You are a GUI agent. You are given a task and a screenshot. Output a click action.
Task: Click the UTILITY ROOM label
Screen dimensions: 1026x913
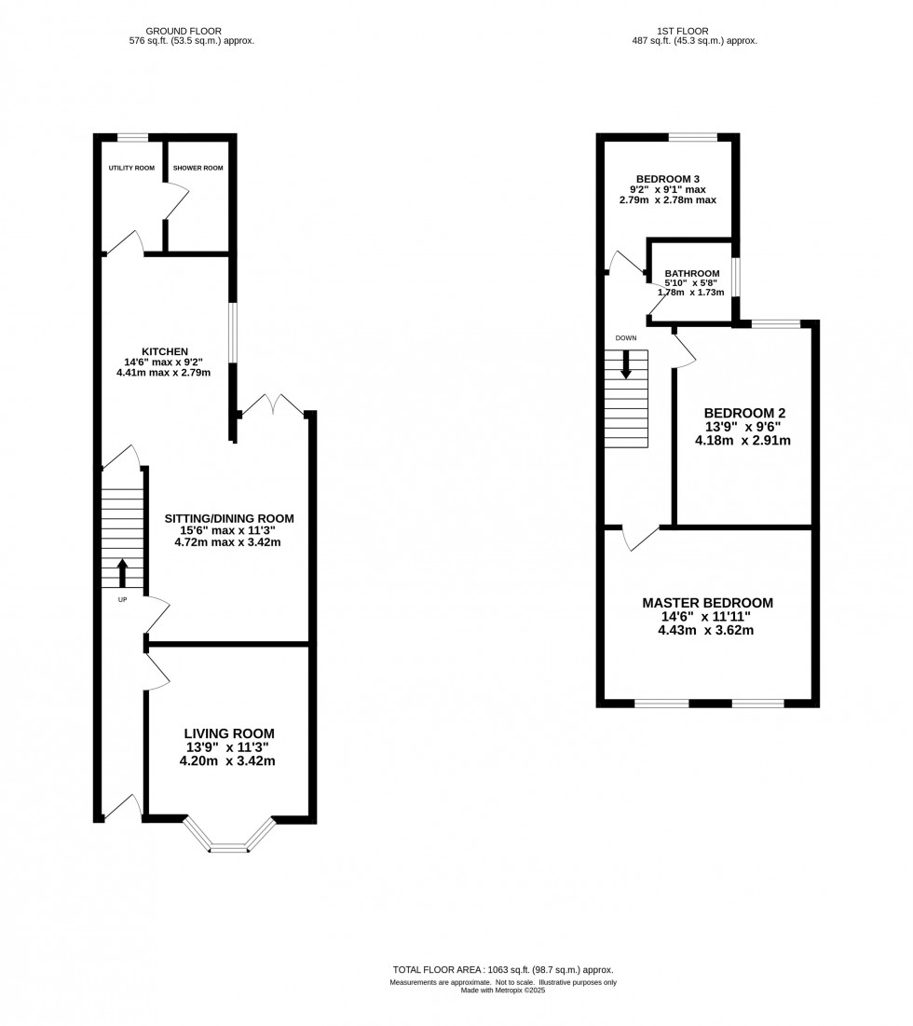130,168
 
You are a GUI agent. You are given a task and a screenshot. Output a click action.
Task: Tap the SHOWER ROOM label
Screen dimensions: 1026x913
198,168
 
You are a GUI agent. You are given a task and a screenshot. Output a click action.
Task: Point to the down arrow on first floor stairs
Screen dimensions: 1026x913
626,363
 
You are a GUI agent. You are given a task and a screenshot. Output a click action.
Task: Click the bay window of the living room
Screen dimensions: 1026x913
229,838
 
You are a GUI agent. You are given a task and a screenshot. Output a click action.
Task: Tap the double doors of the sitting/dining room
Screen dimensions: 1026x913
272,405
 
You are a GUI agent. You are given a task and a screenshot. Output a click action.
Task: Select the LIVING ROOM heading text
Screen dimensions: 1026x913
229,733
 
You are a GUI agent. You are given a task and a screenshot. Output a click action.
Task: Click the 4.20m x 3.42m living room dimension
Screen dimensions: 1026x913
229,760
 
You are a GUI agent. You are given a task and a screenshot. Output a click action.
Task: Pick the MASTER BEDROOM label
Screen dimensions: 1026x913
707,603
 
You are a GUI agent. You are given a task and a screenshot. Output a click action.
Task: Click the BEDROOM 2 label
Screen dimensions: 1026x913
743,413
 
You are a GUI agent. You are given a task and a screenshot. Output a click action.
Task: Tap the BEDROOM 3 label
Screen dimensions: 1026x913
667,179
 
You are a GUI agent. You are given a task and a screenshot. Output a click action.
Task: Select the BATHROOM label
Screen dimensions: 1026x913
691,273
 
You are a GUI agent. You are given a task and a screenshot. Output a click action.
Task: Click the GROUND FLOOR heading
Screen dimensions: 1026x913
191,31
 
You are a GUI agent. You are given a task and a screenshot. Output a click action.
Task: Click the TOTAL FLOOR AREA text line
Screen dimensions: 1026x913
503,970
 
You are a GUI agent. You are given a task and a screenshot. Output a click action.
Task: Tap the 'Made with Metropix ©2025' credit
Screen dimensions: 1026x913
503,991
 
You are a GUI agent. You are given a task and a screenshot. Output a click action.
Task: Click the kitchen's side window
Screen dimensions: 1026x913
234,333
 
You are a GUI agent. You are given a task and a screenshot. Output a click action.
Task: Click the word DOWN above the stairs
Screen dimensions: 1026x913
625,337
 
